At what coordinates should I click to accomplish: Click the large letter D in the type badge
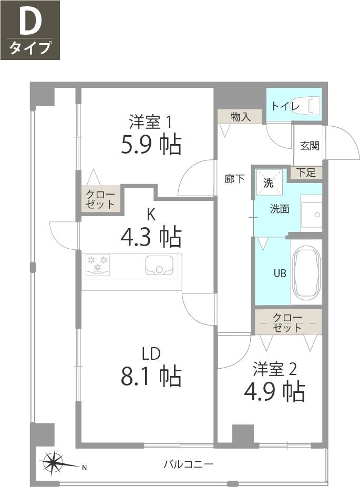tap(30, 23)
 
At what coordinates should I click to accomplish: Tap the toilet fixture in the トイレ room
tap(311, 105)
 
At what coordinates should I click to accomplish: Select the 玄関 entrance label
tap(310, 146)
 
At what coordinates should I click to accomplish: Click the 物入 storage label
tap(240, 117)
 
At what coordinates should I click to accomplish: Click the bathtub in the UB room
tap(306, 273)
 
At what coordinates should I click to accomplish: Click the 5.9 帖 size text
tap(151, 144)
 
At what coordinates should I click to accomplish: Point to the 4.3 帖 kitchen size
tap(151, 237)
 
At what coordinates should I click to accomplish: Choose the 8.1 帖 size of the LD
tap(151, 376)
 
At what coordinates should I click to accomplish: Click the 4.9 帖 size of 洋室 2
tap(274, 391)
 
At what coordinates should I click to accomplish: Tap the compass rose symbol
tap(53, 463)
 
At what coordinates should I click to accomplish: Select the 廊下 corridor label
tap(234, 179)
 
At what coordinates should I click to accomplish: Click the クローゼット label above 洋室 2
tap(287, 322)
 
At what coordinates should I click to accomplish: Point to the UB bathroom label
tap(280, 273)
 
